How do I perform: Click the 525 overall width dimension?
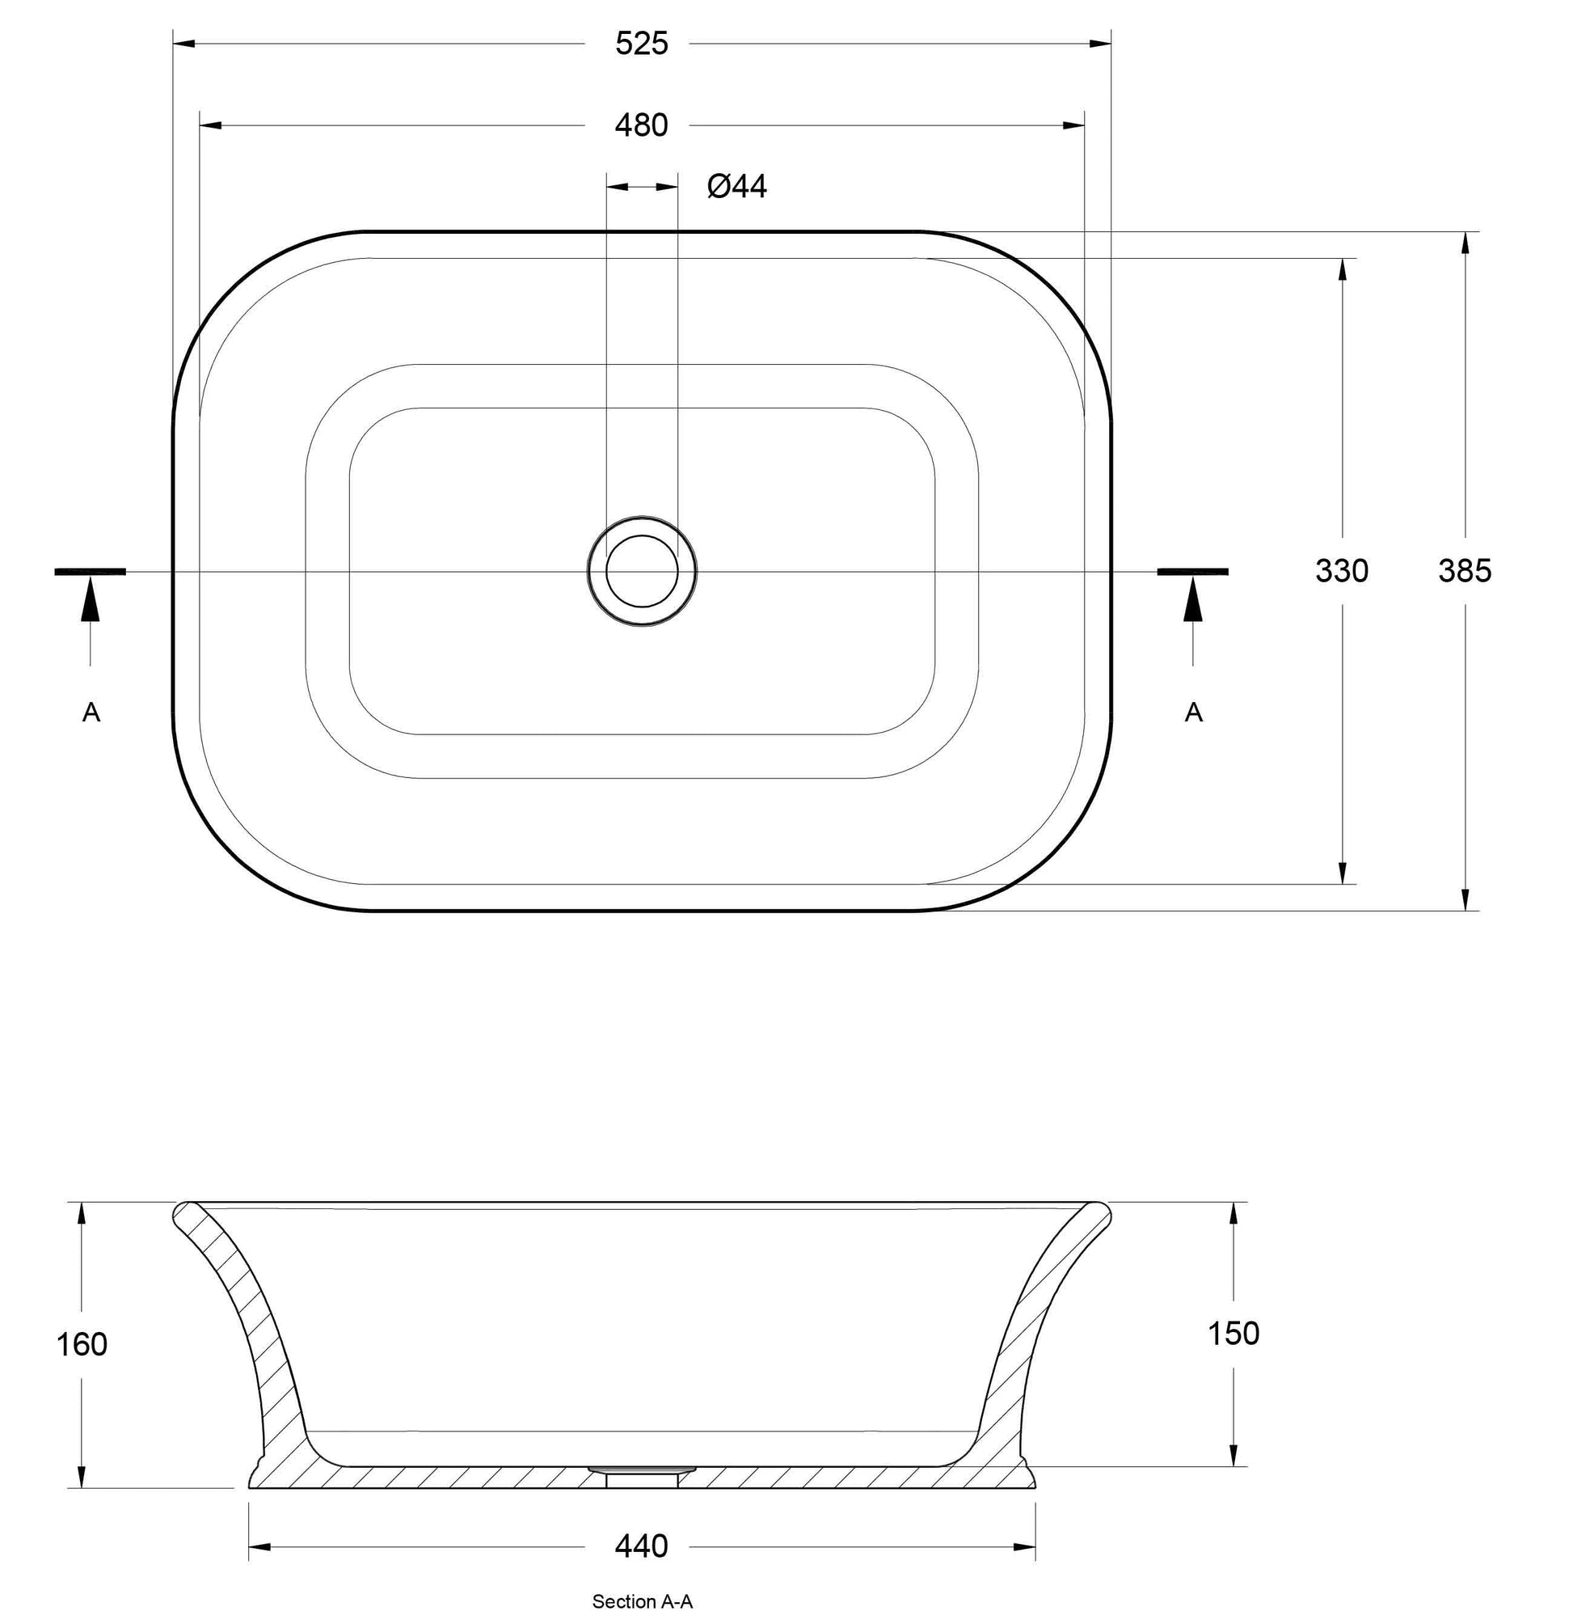[641, 43]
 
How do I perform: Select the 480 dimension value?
[641, 125]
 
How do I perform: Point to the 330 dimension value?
[1342, 571]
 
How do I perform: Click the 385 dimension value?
[1465, 571]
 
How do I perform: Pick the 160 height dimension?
[81, 1344]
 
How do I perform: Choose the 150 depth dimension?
[1234, 1333]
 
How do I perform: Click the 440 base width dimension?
[641, 1546]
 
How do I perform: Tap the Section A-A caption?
[642, 1601]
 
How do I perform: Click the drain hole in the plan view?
[642, 571]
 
